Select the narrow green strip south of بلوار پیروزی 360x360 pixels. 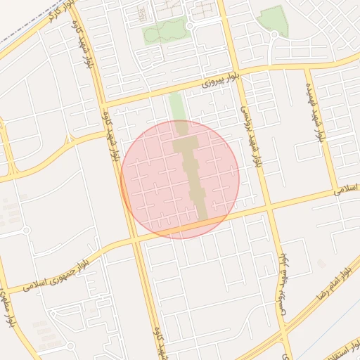click(x=176, y=105)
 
